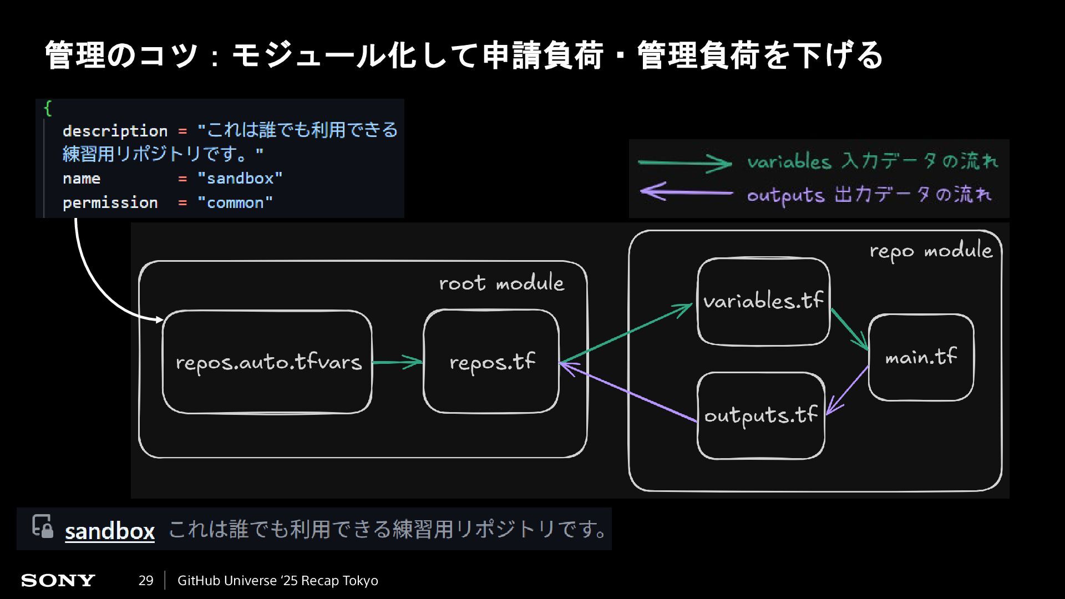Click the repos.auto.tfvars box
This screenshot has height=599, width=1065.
point(267,362)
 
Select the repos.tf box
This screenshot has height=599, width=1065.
point(491,362)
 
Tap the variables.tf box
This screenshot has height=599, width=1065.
point(763,301)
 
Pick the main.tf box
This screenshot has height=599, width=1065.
point(921,357)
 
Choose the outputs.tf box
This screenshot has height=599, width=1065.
point(760,415)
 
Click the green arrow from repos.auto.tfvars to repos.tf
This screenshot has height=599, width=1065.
point(397,362)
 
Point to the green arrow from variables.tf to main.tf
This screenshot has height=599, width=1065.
point(849,329)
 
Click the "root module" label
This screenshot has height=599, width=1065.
point(501,283)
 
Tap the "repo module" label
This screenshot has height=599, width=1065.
point(930,251)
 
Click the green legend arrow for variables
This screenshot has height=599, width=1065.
point(684,163)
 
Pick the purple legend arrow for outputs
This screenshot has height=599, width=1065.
point(686,192)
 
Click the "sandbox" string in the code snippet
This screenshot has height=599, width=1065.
point(240,179)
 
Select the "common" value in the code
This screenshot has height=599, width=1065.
point(235,203)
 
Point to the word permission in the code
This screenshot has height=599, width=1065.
point(110,203)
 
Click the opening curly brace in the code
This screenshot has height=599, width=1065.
point(48,108)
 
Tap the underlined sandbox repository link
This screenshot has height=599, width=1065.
point(110,531)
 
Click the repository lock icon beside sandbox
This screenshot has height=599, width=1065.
point(43,526)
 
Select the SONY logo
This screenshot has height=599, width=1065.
point(58,581)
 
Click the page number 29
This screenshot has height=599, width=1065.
point(146,581)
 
